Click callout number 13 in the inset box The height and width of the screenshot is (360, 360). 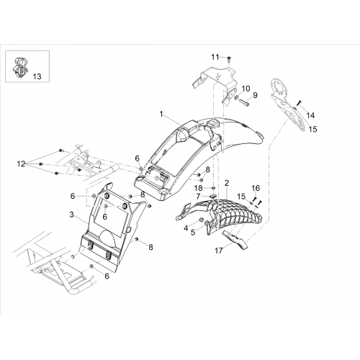[37, 76]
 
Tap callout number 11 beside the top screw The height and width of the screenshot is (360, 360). [215, 57]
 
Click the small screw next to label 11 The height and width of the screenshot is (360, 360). [229, 58]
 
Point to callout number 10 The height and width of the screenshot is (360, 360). [246, 89]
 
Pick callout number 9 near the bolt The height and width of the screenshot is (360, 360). [255, 95]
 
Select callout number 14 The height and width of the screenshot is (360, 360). [310, 115]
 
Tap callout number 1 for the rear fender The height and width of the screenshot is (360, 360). [161, 114]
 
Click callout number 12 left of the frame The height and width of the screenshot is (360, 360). [21, 164]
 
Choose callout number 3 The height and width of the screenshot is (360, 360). [71, 215]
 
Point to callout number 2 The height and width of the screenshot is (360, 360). [227, 183]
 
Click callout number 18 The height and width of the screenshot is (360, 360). [199, 188]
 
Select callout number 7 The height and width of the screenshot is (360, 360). [198, 197]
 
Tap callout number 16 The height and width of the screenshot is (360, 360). [256, 188]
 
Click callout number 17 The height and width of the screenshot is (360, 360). [219, 251]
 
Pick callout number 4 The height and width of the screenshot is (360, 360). [186, 228]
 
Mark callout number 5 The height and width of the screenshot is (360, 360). [193, 233]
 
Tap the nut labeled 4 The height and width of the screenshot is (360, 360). [202, 220]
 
